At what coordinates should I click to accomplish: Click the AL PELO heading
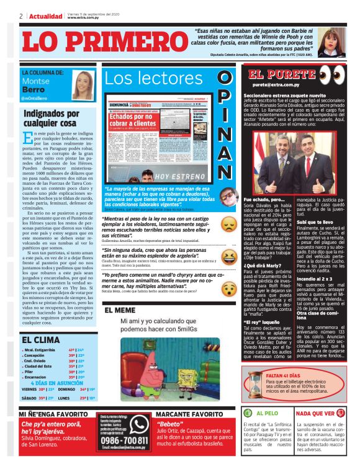coord(268,413)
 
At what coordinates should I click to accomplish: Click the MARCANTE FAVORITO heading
coord(187,413)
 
